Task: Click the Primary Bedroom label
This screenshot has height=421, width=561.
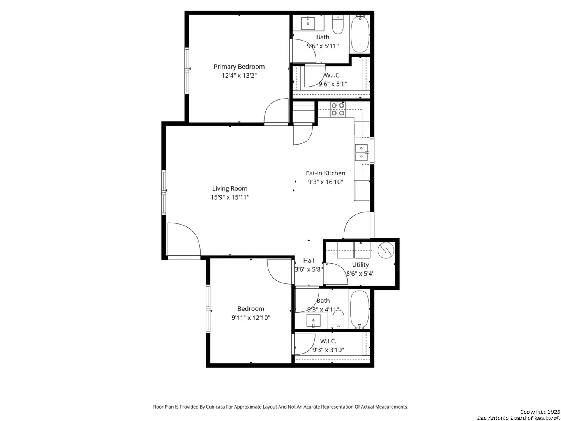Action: point(239,67)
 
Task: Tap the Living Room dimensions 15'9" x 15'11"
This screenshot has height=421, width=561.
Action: point(230,197)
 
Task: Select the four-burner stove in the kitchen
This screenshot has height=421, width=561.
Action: point(338,110)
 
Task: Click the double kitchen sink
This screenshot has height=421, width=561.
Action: point(362,152)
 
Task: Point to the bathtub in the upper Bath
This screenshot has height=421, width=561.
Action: point(360,34)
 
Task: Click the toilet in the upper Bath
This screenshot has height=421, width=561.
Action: point(338,25)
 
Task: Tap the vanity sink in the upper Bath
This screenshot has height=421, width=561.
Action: point(308,23)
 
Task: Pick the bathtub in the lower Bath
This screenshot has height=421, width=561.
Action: point(359,309)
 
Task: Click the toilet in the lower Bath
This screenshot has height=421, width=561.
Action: point(339,320)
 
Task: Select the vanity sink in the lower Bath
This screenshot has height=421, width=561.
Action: point(313,320)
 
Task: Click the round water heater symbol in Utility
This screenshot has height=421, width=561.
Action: point(386,250)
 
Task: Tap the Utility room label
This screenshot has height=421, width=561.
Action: point(360,265)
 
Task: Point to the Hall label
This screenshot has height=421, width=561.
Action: point(309,260)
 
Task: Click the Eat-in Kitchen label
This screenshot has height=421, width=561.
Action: point(326,173)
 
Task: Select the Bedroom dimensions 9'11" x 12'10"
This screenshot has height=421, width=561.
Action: point(251,318)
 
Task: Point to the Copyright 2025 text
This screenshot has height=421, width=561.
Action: point(540,412)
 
